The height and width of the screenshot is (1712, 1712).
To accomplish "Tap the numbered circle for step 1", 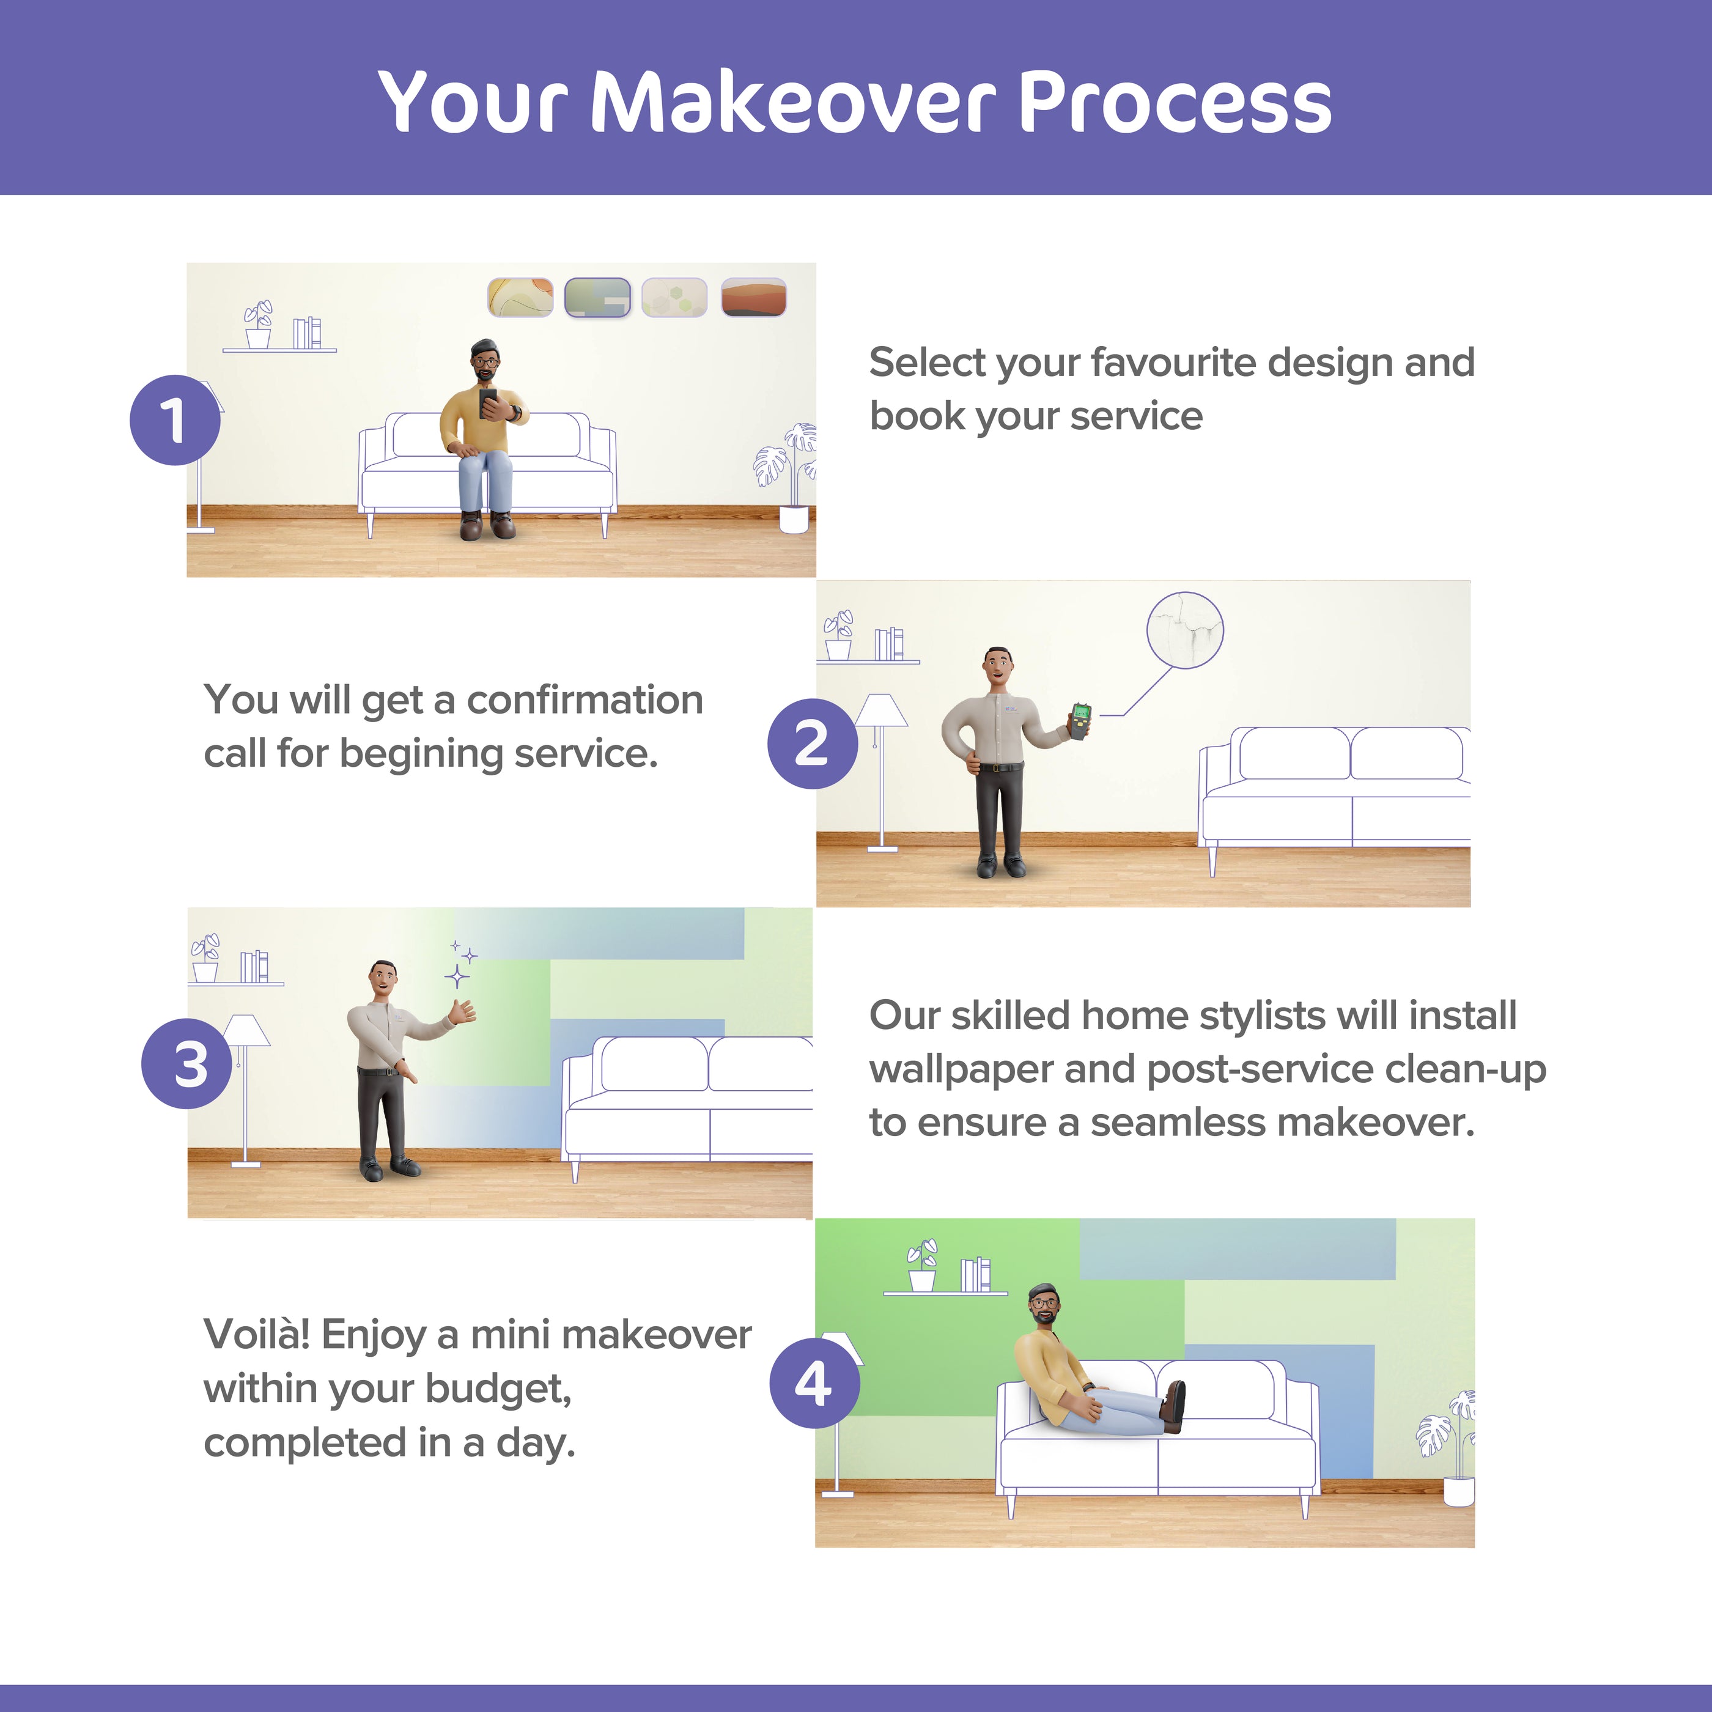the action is pos(175,419).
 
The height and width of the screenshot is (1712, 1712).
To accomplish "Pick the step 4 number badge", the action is pos(814,1383).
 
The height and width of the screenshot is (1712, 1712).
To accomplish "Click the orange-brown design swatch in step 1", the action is pos(753,297).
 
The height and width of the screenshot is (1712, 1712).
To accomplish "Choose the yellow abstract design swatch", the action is pos(520,297).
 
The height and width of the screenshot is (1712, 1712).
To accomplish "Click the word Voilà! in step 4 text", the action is pos(257,1335).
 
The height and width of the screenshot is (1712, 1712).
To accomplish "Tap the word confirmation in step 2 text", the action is pos(585,700).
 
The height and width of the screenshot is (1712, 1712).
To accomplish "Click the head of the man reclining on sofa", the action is pos(1044,1304).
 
